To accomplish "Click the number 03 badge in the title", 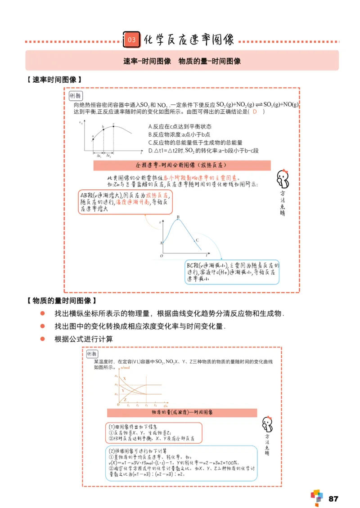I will tap(131, 40).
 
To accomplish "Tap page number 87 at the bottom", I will tap(333, 499).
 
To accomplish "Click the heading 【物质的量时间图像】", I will tap(61, 300).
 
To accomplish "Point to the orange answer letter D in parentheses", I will tap(255, 111).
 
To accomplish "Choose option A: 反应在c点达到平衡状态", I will tap(180, 127).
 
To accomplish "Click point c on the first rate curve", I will tap(113, 126).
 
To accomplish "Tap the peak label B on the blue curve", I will tap(178, 218).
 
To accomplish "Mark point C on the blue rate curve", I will tap(197, 241).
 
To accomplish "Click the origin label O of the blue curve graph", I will tap(161, 256).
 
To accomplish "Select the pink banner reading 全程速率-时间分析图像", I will tap(182, 165).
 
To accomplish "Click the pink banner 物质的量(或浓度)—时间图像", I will tap(182, 412).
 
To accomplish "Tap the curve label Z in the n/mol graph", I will tap(124, 399).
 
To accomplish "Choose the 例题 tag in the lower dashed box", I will tap(91, 354).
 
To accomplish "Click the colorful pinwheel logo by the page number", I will tap(317, 497).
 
